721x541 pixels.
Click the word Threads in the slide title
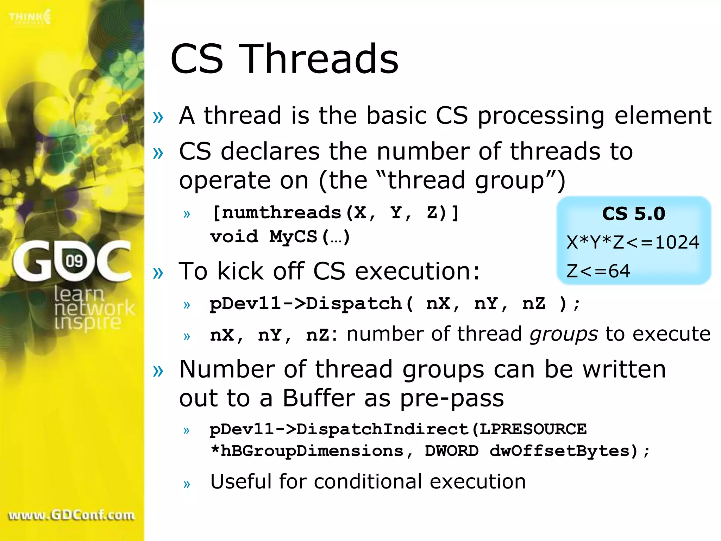pos(320,59)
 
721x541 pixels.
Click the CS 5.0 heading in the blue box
pos(633,214)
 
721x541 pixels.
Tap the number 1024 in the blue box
pos(677,242)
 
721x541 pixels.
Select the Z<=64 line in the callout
pos(598,271)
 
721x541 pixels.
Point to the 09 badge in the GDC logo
pos(74,261)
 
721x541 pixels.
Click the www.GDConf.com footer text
pos(71,515)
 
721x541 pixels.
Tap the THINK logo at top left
pos(30,17)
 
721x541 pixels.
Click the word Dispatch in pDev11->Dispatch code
pos(354,304)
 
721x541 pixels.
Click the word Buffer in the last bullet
pos(319,398)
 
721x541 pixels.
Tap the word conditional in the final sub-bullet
pos(368,481)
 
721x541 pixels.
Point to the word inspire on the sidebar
pos(88,323)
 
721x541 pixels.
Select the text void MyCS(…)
pos(280,237)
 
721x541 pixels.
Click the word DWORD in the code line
pos(452,451)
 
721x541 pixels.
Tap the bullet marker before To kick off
pos(158,272)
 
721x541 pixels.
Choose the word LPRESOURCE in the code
pos(533,429)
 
